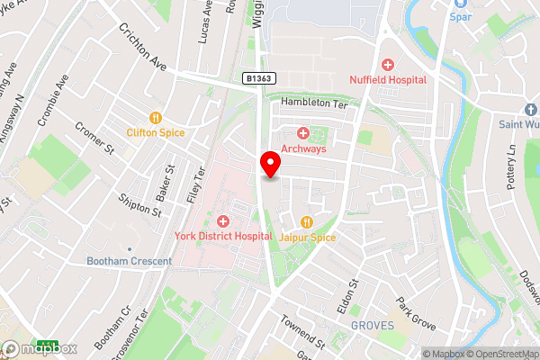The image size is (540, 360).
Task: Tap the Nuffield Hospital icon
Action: pyautogui.click(x=388, y=65)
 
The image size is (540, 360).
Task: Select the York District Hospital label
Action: pyautogui.click(x=223, y=236)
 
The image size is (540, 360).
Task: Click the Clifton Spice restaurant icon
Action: pyautogui.click(x=156, y=117)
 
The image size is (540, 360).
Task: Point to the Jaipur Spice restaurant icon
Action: pyautogui.click(x=307, y=221)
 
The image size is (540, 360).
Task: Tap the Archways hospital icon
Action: pyautogui.click(x=303, y=133)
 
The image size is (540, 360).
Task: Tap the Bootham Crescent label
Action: pyautogui.click(x=129, y=261)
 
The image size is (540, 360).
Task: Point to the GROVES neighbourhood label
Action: pyautogui.click(x=373, y=324)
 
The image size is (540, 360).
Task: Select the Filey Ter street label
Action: pyautogui.click(x=201, y=184)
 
